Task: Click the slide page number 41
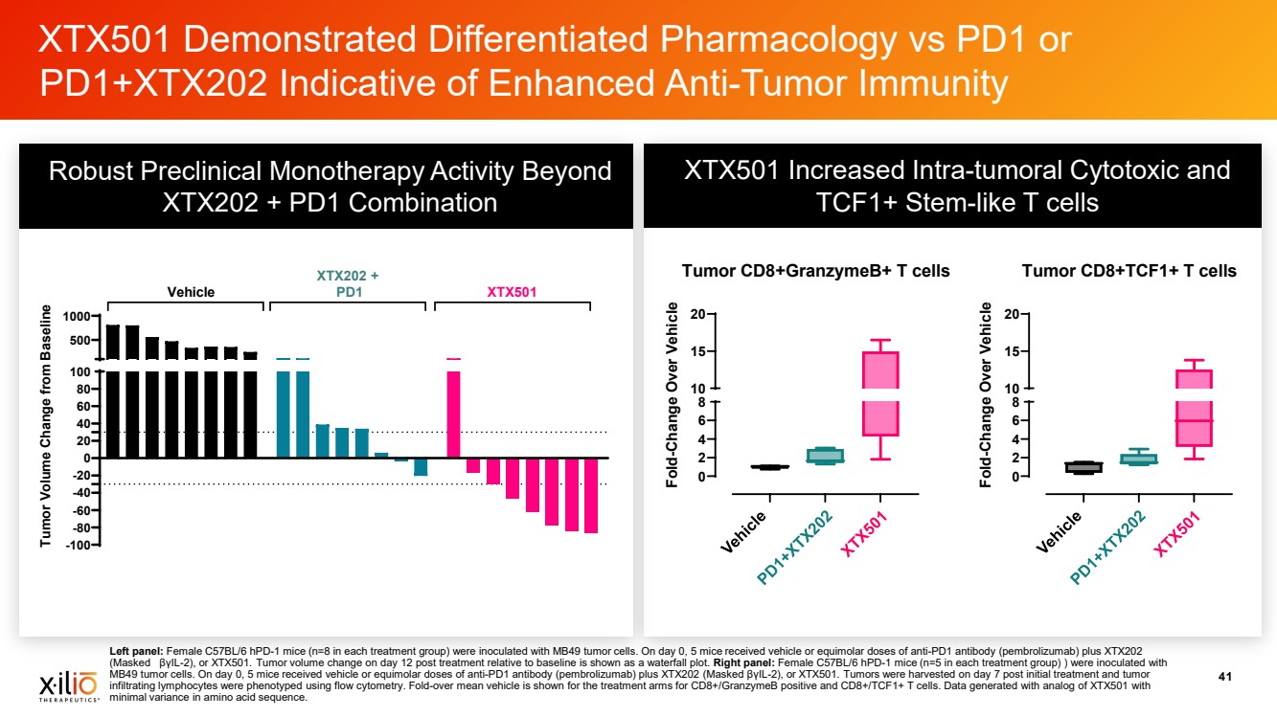1223,678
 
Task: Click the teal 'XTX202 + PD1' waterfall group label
347,283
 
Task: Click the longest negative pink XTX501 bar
591,495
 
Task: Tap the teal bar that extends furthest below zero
421,466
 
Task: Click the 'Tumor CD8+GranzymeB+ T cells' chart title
815,271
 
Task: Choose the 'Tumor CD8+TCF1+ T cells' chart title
1129,271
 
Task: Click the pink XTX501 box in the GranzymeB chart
881,392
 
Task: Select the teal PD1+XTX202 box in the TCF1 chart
1138,459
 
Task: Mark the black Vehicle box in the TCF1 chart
1083,467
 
